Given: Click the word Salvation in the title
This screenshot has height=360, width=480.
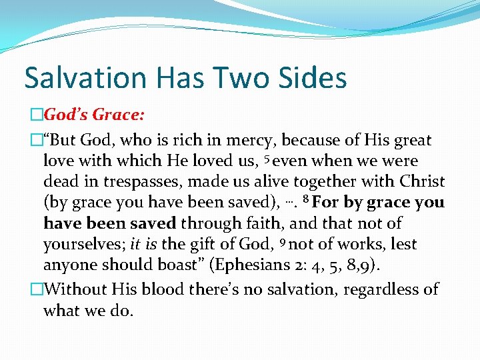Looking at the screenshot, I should [x=77, y=77].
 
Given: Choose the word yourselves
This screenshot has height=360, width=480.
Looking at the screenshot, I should [x=76, y=245].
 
